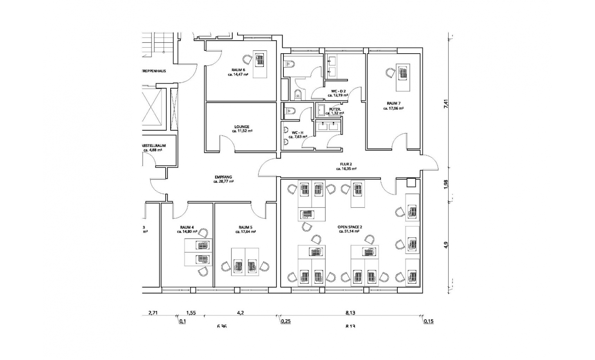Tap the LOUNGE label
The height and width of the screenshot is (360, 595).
(x=242, y=127)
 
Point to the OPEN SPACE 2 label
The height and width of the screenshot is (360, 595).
(x=350, y=227)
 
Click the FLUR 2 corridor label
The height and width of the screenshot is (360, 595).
(x=346, y=164)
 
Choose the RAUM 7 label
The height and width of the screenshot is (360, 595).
(x=393, y=104)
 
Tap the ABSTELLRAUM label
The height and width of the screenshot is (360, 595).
(x=154, y=146)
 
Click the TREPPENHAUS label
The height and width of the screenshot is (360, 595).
(x=154, y=71)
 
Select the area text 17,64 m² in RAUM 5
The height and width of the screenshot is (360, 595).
(x=245, y=232)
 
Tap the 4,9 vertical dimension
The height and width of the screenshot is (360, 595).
(x=446, y=245)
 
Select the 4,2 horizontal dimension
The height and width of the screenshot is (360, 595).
(x=240, y=313)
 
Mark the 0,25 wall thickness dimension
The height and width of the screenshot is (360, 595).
(x=286, y=322)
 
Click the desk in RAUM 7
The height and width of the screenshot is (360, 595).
(x=403, y=77)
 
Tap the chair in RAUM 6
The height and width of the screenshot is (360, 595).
(x=247, y=59)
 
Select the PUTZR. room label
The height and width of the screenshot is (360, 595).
(x=335, y=109)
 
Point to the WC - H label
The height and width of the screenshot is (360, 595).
(x=297, y=133)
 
